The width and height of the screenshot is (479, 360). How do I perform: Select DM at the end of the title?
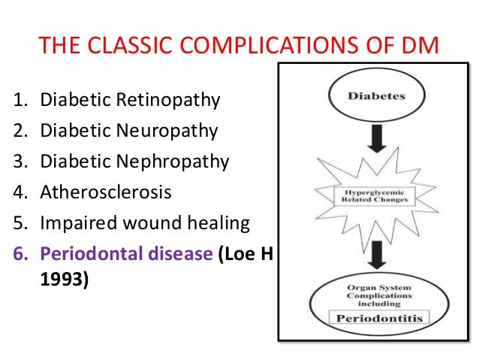419,47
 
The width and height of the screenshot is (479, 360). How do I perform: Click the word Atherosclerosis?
106,193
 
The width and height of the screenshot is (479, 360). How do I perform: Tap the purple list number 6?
20,254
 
